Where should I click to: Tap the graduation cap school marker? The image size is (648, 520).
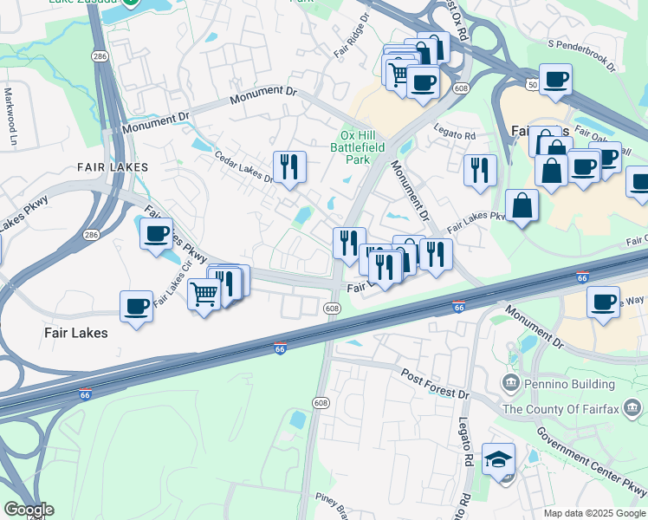[498, 458]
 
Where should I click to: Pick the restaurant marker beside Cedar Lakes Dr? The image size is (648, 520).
[289, 166]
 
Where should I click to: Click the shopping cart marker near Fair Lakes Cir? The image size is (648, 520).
[204, 294]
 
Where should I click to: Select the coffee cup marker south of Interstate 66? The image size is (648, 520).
[604, 302]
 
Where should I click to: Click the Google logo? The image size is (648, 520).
[28, 510]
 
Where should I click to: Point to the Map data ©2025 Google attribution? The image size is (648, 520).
[593, 513]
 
